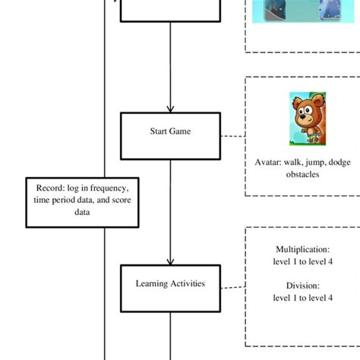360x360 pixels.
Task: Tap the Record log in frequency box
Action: tap(82, 200)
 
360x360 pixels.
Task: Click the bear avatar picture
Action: tap(307, 118)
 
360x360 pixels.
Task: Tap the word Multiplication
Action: tap(302, 248)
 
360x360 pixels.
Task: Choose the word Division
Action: tap(302, 286)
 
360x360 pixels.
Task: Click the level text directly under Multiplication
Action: tap(302, 261)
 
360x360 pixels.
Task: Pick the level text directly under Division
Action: tap(302, 298)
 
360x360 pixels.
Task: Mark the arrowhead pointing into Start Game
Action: tap(170, 109)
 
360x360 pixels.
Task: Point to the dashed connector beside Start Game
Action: tap(233, 137)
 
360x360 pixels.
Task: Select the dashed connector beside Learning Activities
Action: tap(233, 287)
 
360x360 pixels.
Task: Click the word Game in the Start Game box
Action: tap(181, 131)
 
